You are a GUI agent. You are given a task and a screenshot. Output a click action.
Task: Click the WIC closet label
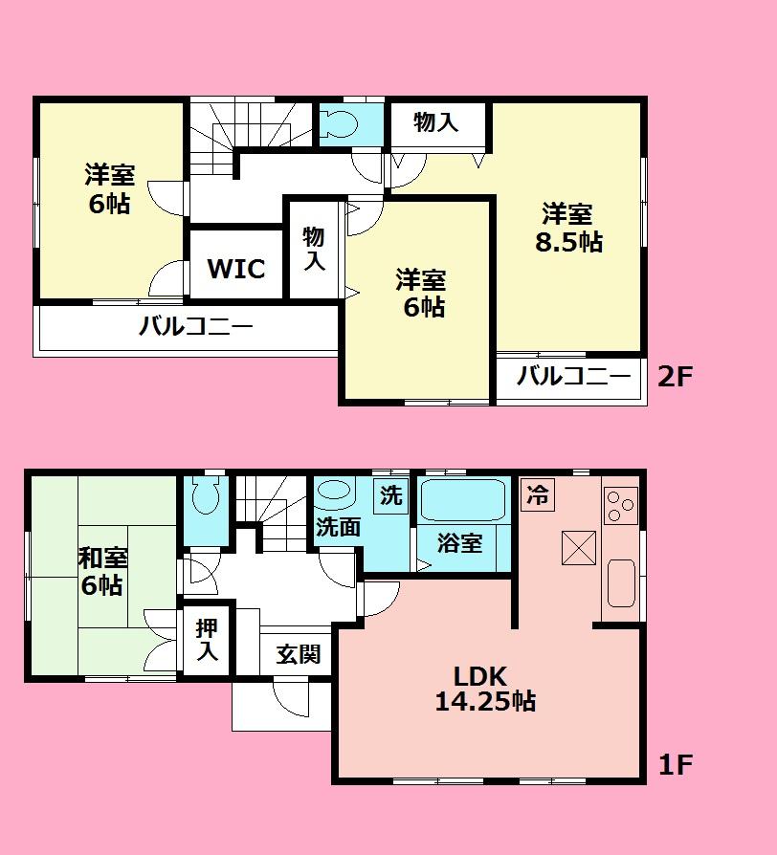pos(236,269)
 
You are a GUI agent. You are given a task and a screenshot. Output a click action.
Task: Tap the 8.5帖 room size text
pos(568,242)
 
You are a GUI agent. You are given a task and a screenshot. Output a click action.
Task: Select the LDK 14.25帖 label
pos(484,688)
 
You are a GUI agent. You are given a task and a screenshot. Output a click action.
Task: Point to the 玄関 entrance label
pos(298,655)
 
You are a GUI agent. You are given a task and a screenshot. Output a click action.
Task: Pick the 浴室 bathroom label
pos(460,543)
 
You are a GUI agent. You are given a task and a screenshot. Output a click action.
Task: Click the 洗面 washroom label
pos(338,527)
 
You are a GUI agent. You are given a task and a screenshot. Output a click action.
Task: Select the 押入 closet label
pos(207,641)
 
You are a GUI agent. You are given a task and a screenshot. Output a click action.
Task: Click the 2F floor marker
pos(675,376)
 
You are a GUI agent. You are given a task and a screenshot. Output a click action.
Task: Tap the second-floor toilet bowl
pos(339,123)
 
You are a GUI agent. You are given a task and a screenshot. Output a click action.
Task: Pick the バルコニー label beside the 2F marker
pos(568,376)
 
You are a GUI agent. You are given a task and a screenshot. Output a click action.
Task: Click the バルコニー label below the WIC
pos(195,327)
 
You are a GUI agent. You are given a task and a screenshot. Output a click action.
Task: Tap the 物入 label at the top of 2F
pos(436,121)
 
